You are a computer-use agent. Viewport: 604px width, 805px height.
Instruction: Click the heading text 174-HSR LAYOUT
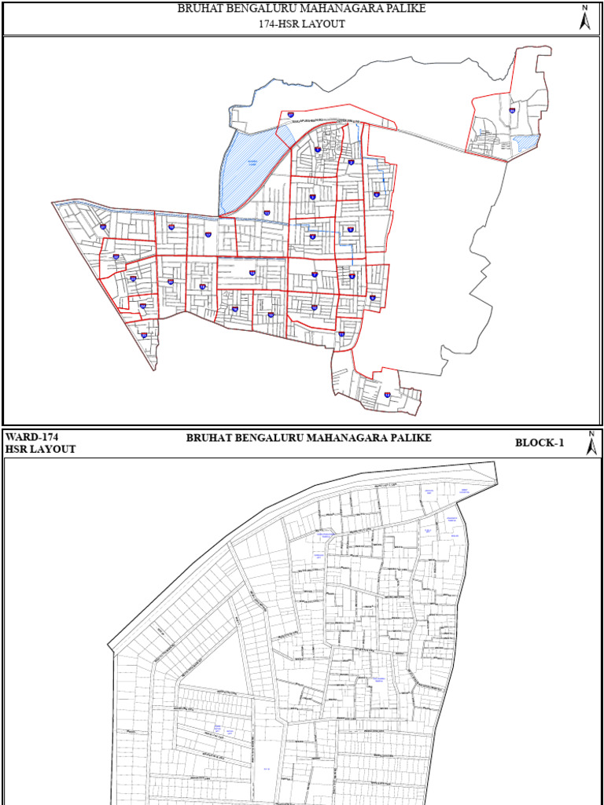click(x=302, y=24)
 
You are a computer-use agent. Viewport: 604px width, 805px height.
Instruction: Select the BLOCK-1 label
click(x=540, y=443)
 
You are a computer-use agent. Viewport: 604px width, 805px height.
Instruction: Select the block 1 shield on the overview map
click(x=318, y=149)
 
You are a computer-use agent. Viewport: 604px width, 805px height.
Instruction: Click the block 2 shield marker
click(x=351, y=163)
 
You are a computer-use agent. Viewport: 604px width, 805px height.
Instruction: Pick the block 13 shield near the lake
click(x=267, y=213)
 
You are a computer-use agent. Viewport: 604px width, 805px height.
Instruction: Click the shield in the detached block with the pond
click(x=512, y=111)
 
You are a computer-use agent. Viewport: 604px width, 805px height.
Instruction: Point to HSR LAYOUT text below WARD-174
click(x=40, y=450)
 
